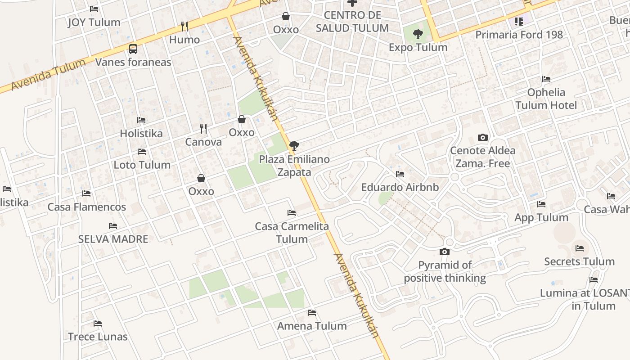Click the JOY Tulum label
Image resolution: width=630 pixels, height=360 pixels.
(94, 22)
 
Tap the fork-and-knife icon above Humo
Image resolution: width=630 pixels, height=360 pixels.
(184, 26)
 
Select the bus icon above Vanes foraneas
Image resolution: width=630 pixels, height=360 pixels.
(133, 49)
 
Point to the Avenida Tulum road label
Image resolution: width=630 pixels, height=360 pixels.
(48, 74)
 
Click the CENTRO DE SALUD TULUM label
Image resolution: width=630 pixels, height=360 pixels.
(352, 22)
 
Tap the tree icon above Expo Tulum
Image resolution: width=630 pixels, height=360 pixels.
(418, 34)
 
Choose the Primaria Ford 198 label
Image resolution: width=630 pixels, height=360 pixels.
(519, 35)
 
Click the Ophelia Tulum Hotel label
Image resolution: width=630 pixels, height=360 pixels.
(546, 99)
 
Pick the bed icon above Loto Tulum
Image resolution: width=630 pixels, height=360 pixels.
(142, 152)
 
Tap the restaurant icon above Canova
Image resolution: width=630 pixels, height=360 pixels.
(203, 129)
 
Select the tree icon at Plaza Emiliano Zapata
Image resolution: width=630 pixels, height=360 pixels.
(294, 145)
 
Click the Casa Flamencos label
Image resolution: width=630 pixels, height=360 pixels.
(87, 207)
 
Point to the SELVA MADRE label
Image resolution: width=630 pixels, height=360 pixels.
(113, 239)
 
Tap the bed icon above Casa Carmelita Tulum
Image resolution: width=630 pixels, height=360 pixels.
(292, 213)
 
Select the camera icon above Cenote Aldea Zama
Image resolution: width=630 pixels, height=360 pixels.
(483, 137)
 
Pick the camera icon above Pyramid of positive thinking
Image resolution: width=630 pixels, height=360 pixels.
(445, 252)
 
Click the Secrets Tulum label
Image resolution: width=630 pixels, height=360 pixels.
(579, 261)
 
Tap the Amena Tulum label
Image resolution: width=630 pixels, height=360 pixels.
(312, 326)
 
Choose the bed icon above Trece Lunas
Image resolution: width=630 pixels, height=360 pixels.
(98, 324)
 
